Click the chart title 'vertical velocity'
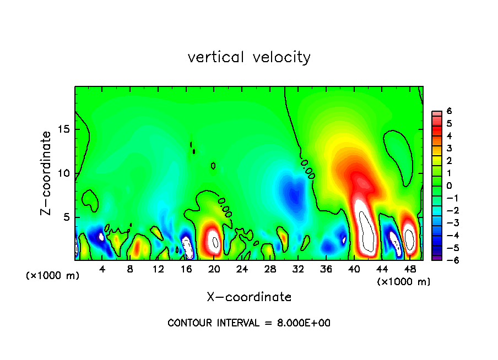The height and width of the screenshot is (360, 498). [249, 57]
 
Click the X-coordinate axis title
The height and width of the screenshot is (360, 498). [249, 297]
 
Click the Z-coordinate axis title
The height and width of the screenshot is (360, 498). [47, 173]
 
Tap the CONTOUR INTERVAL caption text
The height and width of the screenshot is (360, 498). [249, 323]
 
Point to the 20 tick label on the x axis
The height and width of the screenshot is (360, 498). [214, 269]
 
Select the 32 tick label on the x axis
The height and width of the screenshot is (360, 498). [298, 269]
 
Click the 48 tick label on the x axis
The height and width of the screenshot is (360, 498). [410, 269]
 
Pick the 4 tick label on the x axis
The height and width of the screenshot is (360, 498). [102, 269]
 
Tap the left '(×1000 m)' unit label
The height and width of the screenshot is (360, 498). [53, 276]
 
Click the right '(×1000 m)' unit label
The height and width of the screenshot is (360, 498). [404, 282]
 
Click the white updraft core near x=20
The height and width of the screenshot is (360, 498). [214, 241]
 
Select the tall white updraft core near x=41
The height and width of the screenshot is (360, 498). [365, 226]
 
